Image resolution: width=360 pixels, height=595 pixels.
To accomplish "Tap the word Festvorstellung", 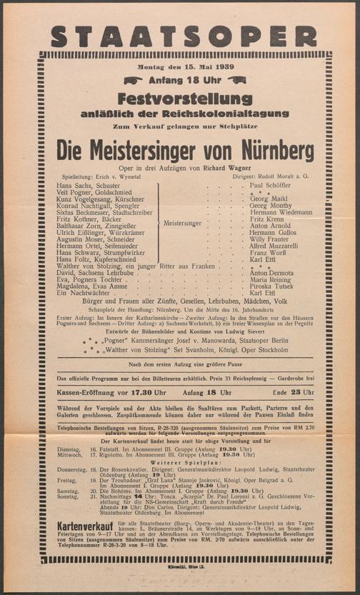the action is point(179,98).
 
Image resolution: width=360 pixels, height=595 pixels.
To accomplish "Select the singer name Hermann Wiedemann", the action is point(281,212).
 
